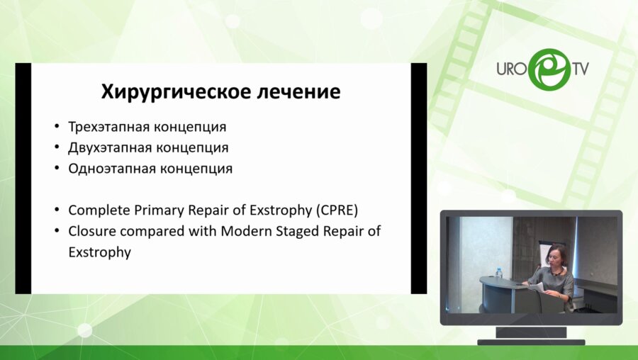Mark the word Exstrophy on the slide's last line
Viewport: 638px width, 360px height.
point(99,252)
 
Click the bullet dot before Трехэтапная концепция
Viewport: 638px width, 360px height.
point(57,128)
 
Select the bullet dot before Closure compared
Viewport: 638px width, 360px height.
point(57,232)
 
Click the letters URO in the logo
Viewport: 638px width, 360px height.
point(510,69)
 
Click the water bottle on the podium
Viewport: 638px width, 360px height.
point(499,273)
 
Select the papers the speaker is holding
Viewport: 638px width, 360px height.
point(537,286)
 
